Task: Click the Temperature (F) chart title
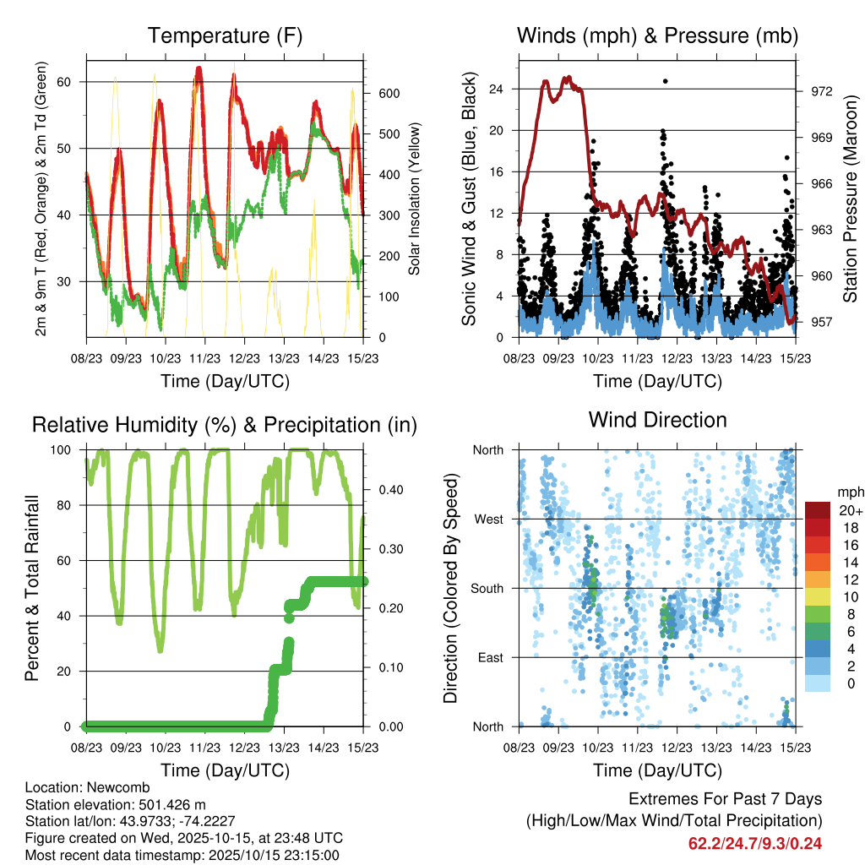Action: (225, 36)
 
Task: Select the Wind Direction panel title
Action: (657, 420)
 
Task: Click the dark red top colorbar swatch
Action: (817, 510)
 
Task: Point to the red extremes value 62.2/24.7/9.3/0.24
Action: (755, 843)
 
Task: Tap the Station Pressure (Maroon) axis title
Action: (851, 199)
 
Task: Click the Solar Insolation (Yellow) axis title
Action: (415, 199)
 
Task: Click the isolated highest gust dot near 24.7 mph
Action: (666, 81)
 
